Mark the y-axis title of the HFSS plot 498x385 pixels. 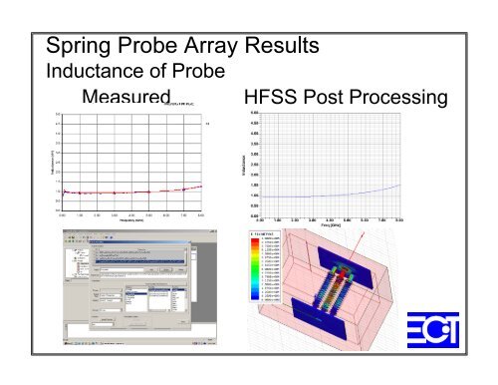(232, 165)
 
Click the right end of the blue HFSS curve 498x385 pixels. (400, 185)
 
